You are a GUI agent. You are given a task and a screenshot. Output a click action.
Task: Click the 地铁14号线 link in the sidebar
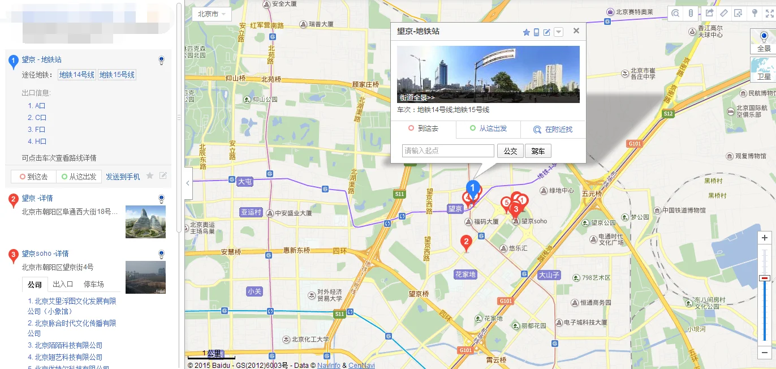click(77, 75)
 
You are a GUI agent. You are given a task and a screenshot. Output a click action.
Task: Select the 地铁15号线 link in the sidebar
click(117, 75)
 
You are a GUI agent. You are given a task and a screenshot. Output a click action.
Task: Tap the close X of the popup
click(576, 31)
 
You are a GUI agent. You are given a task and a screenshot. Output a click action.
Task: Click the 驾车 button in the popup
click(538, 151)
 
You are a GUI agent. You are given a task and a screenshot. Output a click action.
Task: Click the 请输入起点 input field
click(448, 151)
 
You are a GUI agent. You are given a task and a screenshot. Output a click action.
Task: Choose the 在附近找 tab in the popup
click(553, 129)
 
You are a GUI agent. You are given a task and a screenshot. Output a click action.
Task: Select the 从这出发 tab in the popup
click(488, 128)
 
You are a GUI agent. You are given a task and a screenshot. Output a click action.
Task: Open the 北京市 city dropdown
click(212, 14)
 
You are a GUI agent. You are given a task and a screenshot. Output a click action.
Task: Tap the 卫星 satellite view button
click(764, 70)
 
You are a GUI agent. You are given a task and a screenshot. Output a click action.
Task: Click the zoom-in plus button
click(764, 238)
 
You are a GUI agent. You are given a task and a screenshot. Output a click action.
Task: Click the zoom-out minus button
click(764, 352)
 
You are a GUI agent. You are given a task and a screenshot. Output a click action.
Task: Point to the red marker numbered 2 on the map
click(466, 243)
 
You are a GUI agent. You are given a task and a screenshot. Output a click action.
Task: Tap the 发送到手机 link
click(123, 177)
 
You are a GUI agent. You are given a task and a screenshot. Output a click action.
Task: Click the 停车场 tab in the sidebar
click(93, 284)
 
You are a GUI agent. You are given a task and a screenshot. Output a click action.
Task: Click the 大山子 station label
click(548, 275)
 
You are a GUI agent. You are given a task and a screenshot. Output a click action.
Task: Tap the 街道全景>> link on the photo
click(417, 97)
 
